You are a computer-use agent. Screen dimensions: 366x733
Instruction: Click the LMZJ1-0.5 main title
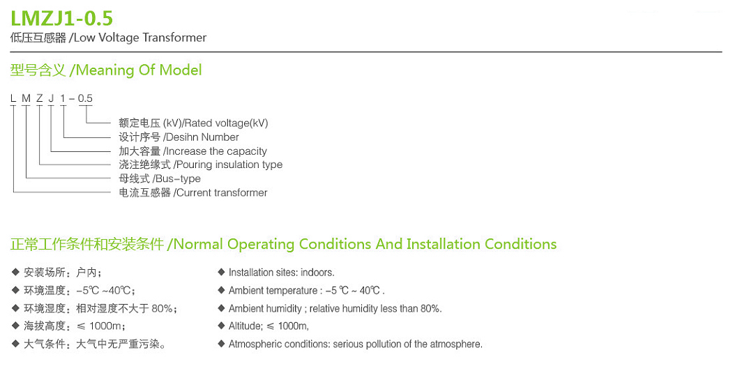coord(61,17)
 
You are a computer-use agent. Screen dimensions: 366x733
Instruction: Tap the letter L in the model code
coord(13,98)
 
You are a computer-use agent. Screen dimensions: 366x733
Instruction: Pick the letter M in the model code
coord(26,98)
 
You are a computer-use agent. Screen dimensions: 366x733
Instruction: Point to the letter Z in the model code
coord(39,98)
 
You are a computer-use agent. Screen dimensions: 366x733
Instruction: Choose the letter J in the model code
coord(51,98)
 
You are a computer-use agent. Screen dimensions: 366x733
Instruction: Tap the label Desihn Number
coord(201,137)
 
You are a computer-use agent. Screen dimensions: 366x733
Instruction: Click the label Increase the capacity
coord(216,151)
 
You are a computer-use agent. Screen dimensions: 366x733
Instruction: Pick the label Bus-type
coord(181,179)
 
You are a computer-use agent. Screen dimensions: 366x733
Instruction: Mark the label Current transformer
coord(221,193)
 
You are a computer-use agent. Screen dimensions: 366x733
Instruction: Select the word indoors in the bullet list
coord(317,273)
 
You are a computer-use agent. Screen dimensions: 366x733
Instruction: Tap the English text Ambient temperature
coord(274,291)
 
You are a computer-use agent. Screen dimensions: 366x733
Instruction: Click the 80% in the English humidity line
coord(430,309)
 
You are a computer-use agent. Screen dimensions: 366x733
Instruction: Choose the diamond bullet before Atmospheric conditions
coord(221,344)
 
